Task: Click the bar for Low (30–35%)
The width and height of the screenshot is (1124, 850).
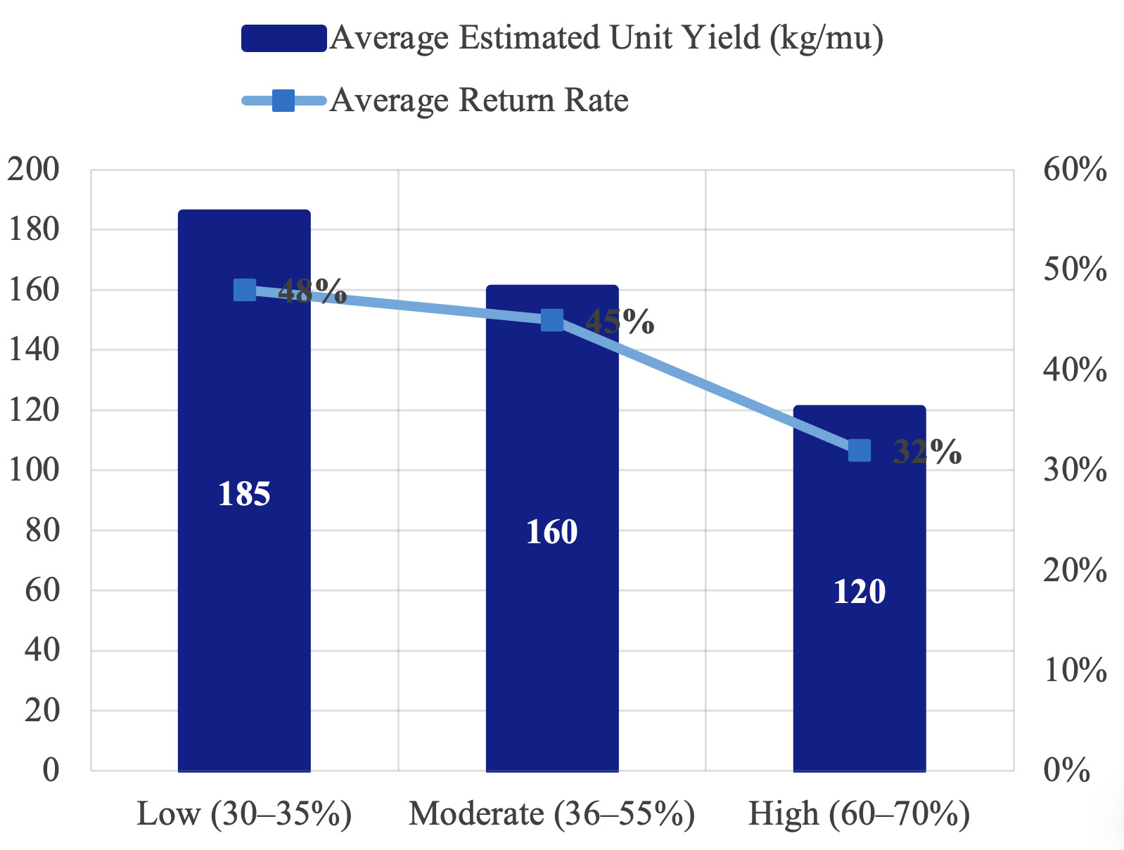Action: click(244, 490)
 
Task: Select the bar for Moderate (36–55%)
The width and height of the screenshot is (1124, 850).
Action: click(552, 528)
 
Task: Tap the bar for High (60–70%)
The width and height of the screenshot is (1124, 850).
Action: click(860, 588)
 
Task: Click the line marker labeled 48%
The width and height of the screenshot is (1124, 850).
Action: click(245, 290)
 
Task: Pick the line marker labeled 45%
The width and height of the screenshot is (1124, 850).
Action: click(552, 320)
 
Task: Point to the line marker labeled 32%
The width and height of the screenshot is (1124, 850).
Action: click(860, 450)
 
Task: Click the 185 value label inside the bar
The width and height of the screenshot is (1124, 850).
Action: click(244, 494)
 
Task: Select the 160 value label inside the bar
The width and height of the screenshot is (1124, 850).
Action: click(552, 531)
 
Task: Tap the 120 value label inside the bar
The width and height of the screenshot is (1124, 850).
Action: click(860, 592)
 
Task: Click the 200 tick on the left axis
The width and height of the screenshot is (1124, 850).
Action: click(33, 169)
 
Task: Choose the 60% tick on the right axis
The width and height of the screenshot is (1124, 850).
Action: click(1075, 169)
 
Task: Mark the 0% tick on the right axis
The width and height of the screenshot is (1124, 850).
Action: click(1066, 770)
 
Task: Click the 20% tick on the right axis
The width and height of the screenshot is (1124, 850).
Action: click(1075, 569)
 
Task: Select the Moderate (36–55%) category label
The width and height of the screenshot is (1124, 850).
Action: click(551, 813)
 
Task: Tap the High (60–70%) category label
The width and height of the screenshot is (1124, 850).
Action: click(860, 813)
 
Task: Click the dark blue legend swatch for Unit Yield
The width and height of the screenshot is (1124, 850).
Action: click(284, 39)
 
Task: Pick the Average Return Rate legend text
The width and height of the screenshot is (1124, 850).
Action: click(479, 100)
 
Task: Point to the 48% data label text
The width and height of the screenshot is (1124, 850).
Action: click(312, 291)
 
